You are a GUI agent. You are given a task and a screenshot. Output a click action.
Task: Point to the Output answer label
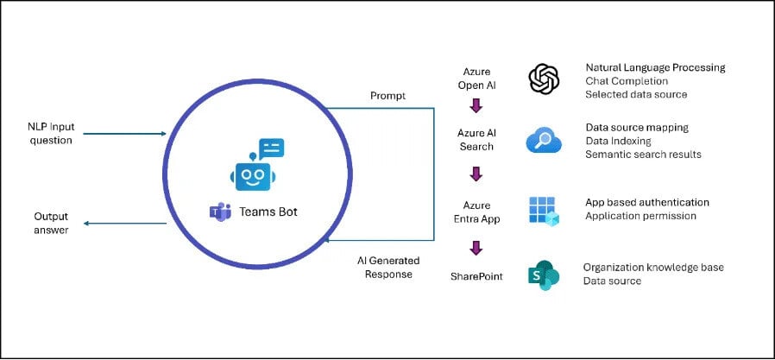(x=51, y=223)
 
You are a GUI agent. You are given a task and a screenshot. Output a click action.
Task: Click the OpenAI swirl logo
(x=544, y=79)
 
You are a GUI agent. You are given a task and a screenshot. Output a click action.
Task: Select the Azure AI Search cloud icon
(x=544, y=140)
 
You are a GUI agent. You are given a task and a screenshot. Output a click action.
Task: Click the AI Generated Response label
(x=385, y=268)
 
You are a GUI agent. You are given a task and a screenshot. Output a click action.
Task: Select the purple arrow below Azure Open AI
(x=476, y=107)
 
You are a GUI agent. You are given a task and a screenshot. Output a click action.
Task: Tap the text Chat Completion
(x=628, y=80)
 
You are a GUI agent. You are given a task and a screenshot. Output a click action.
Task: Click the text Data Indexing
(x=618, y=141)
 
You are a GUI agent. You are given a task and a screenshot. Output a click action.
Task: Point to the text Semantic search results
(x=643, y=155)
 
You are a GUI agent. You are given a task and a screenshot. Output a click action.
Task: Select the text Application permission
(x=640, y=216)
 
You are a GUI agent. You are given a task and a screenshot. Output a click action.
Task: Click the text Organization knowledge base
(x=653, y=268)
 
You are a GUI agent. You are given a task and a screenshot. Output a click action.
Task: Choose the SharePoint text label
(x=476, y=275)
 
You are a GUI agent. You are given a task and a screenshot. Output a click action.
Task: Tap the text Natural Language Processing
(x=655, y=67)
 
